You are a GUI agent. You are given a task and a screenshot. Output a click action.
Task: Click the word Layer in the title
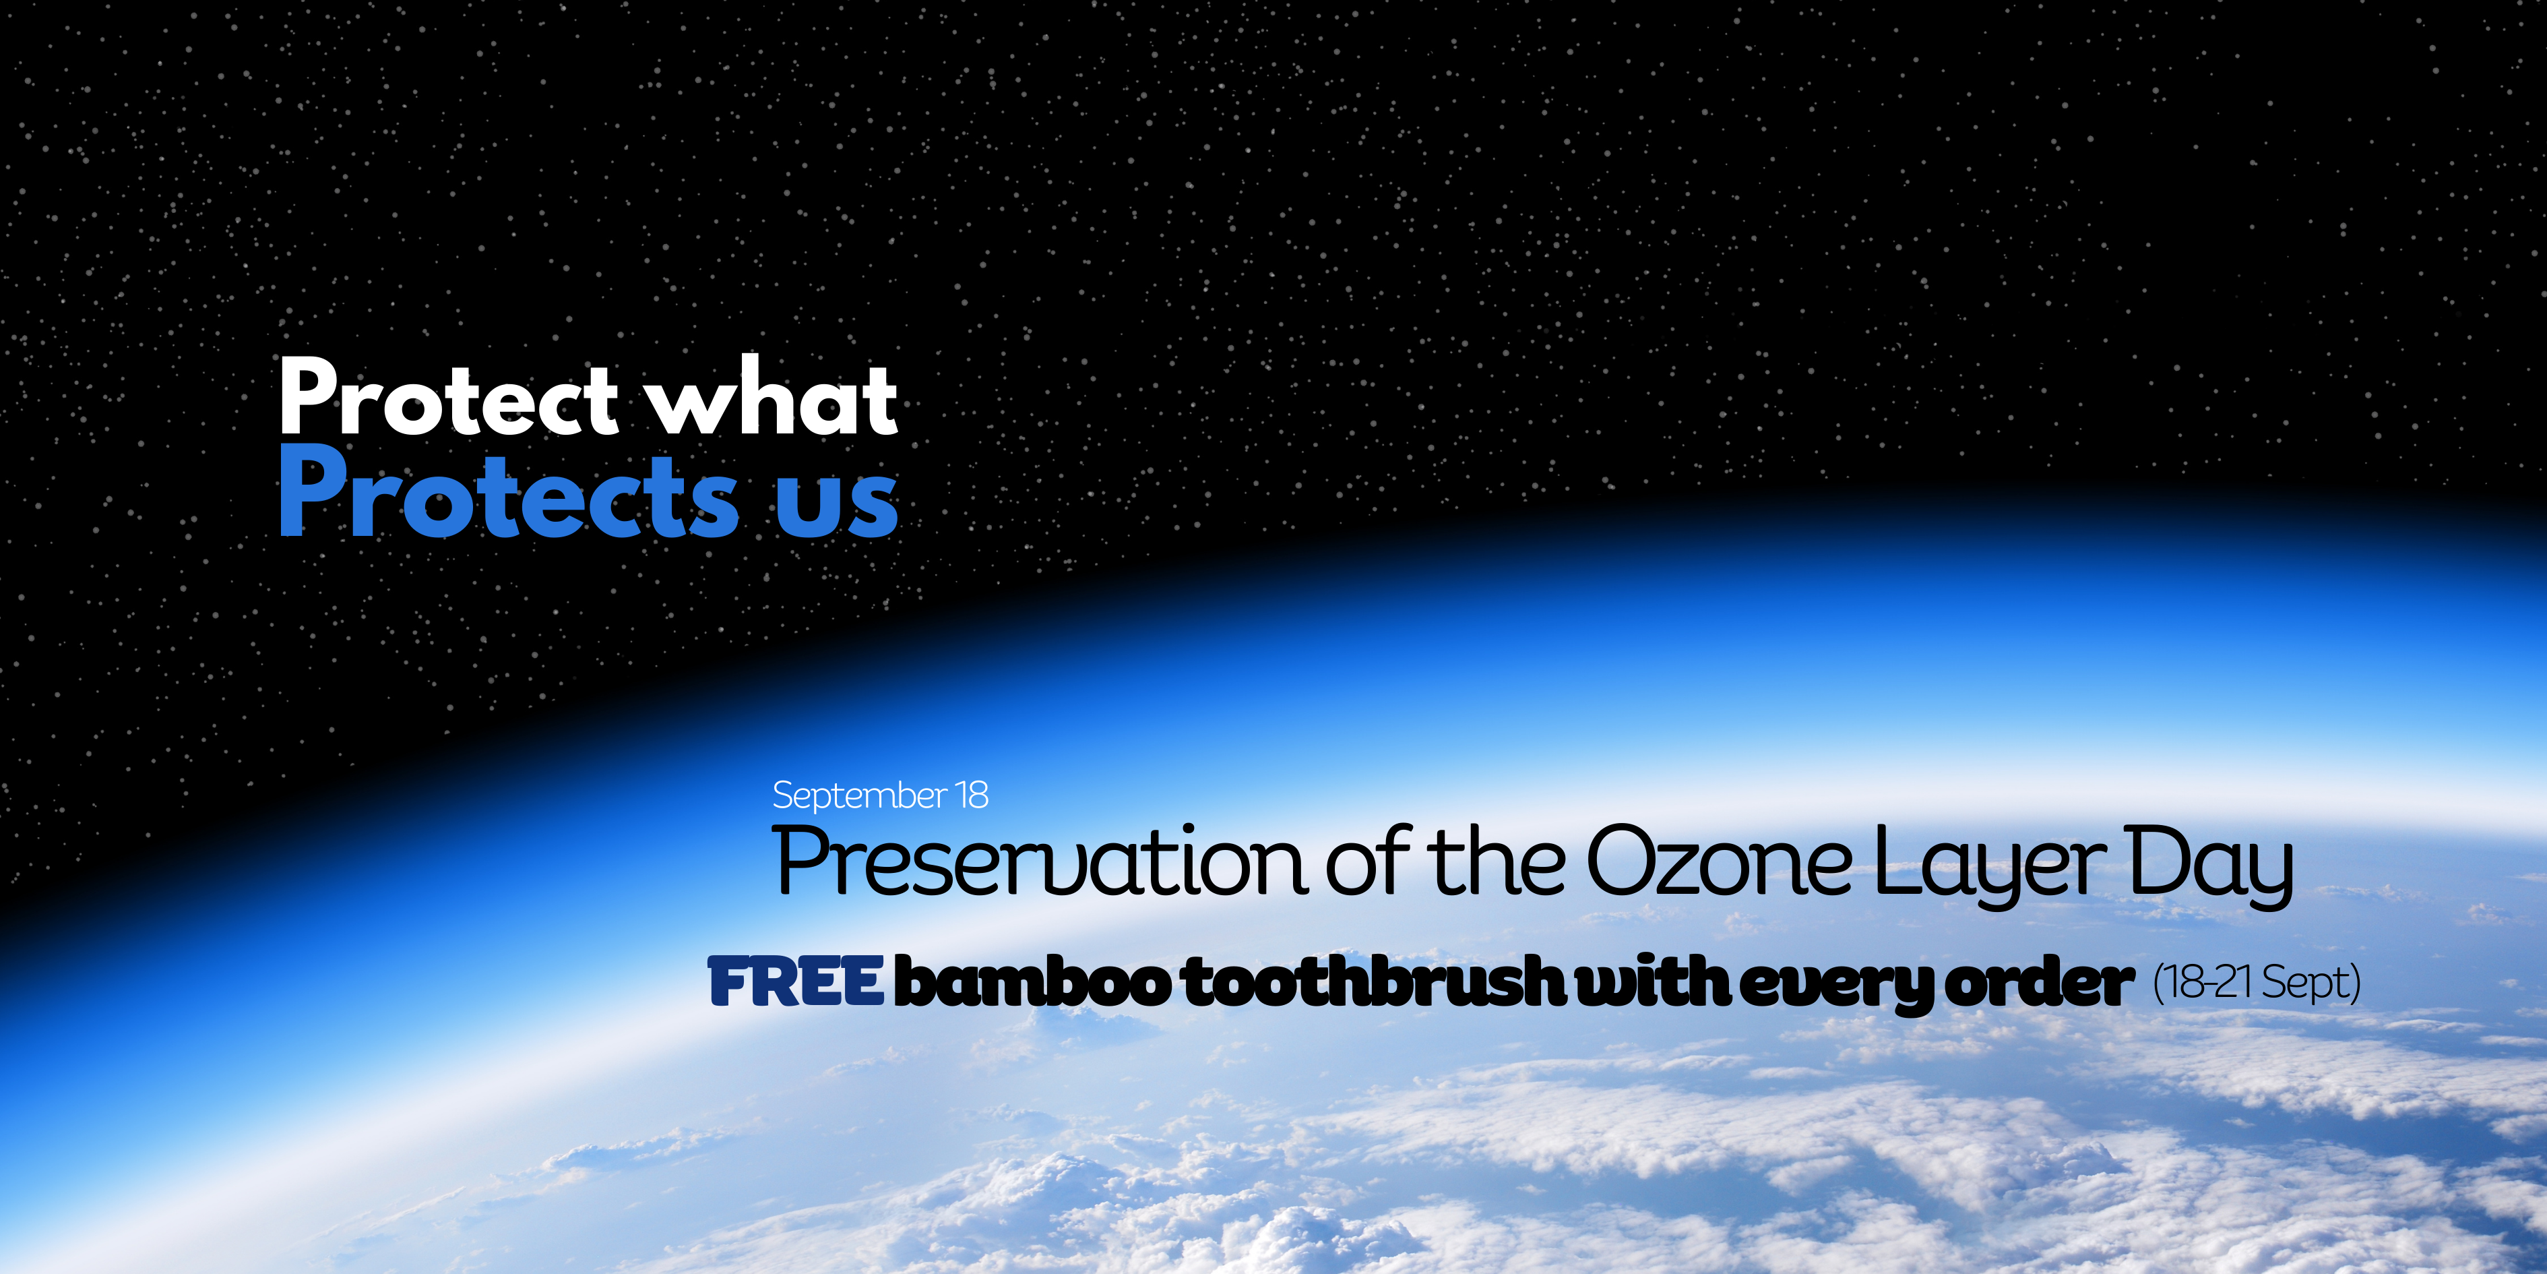coord(1991,866)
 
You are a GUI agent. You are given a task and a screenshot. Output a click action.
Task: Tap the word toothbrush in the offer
coord(1375,982)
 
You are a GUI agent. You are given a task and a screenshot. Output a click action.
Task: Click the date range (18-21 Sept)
coord(2257,982)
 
